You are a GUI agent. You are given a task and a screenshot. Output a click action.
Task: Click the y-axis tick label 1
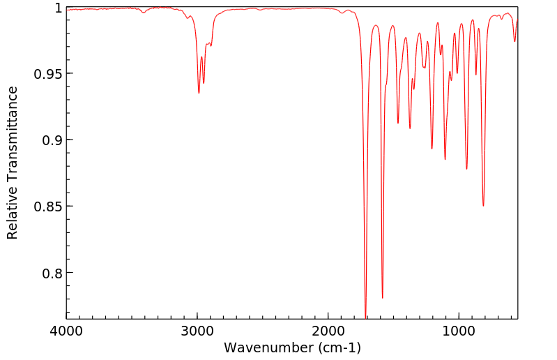pyautogui.click(x=59, y=8)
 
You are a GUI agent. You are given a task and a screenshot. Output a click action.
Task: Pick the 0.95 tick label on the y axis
pyautogui.click(x=49, y=74)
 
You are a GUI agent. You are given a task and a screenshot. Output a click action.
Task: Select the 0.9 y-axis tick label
pyautogui.click(x=52, y=140)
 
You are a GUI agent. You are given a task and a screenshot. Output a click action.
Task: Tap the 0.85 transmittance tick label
pyautogui.click(x=49, y=207)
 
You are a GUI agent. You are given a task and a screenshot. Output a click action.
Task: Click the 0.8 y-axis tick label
pyautogui.click(x=52, y=273)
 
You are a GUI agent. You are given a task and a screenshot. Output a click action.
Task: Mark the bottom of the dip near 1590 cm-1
pyautogui.click(x=382, y=298)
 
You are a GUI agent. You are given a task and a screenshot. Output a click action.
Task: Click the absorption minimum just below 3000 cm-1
pyautogui.click(x=199, y=93)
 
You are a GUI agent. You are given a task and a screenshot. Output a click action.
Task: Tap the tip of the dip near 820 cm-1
pyautogui.click(x=483, y=206)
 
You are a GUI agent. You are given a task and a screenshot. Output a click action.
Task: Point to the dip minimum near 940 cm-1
pyautogui.click(x=467, y=169)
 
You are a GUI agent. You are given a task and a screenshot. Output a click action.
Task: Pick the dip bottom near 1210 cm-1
pyautogui.click(x=432, y=149)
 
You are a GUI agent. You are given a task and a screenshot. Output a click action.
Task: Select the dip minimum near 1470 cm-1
pyautogui.click(x=398, y=123)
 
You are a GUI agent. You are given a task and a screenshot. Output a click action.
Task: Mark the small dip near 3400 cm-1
pyautogui.click(x=144, y=13)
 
